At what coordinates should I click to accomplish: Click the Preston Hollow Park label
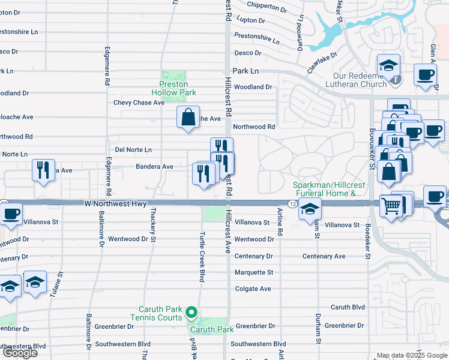(x=178, y=89)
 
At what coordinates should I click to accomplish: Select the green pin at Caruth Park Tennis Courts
(x=191, y=312)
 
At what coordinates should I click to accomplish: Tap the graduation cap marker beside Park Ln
(x=388, y=65)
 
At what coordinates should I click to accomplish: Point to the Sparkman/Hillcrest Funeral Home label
(x=327, y=190)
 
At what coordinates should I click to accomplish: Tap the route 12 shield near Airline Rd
(x=292, y=205)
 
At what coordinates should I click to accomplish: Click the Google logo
(x=20, y=353)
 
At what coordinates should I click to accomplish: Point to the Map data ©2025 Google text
(x=412, y=355)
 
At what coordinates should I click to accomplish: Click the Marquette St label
(x=253, y=272)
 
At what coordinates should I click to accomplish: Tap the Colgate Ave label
(x=253, y=289)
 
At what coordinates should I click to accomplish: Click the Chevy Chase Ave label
(x=139, y=103)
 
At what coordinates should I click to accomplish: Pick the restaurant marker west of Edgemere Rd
(x=43, y=170)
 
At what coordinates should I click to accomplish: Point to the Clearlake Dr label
(x=322, y=62)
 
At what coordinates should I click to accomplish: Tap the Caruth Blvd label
(x=348, y=307)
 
